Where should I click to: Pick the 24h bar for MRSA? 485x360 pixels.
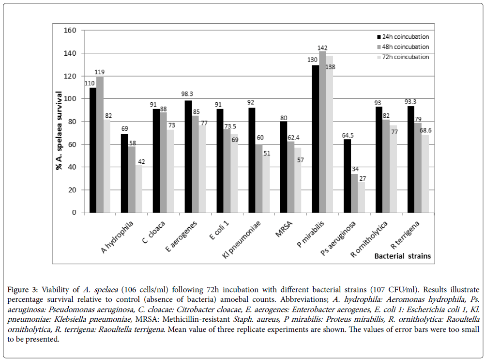point(284,167)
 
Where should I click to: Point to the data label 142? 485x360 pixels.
point(323,47)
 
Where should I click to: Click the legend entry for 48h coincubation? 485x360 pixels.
point(403,47)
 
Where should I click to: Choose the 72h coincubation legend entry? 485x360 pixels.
point(403,57)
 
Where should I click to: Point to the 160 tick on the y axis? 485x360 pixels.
point(70,31)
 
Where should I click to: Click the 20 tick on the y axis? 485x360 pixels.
point(72,190)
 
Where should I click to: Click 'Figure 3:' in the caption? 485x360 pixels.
point(23,290)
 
